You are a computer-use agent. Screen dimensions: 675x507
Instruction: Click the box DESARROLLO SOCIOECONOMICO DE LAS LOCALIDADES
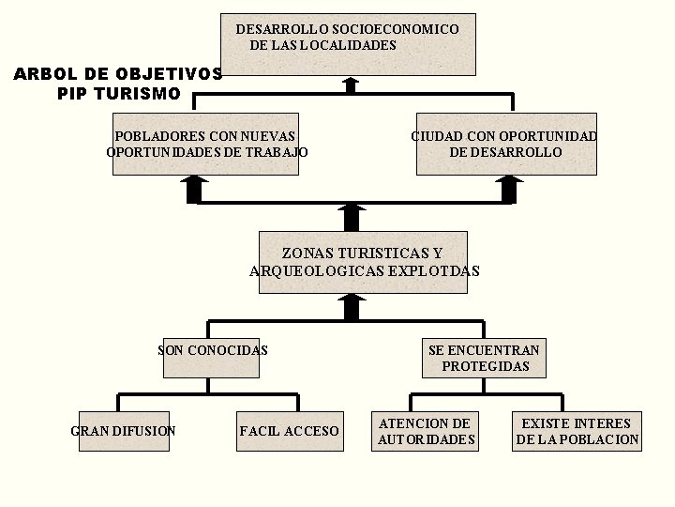pyautogui.click(x=348, y=44)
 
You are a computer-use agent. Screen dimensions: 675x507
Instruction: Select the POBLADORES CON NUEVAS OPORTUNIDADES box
pyautogui.click(x=205, y=144)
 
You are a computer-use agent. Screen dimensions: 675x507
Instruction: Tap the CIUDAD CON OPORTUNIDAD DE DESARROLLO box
pyautogui.click(x=505, y=144)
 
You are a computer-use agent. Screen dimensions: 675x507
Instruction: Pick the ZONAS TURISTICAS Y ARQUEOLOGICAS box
pyautogui.click(x=363, y=262)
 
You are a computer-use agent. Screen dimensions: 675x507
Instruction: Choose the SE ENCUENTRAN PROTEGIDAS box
pyautogui.click(x=485, y=358)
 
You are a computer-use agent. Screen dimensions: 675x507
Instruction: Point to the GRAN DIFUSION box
pyautogui.click(x=124, y=431)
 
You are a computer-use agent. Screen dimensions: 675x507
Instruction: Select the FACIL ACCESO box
pyautogui.click(x=290, y=431)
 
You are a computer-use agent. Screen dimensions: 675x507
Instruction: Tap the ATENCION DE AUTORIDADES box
pyautogui.click(x=426, y=431)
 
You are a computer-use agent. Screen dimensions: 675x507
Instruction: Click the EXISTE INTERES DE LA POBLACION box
pyautogui.click(x=577, y=431)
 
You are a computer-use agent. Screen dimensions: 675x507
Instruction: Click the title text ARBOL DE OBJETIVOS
pyautogui.click(x=118, y=74)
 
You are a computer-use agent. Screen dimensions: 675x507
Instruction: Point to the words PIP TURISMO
pyautogui.click(x=118, y=94)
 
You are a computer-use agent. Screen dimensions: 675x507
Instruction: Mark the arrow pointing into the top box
pyautogui.click(x=351, y=84)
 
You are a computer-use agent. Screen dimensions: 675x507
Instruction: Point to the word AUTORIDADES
pyautogui.click(x=427, y=439)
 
